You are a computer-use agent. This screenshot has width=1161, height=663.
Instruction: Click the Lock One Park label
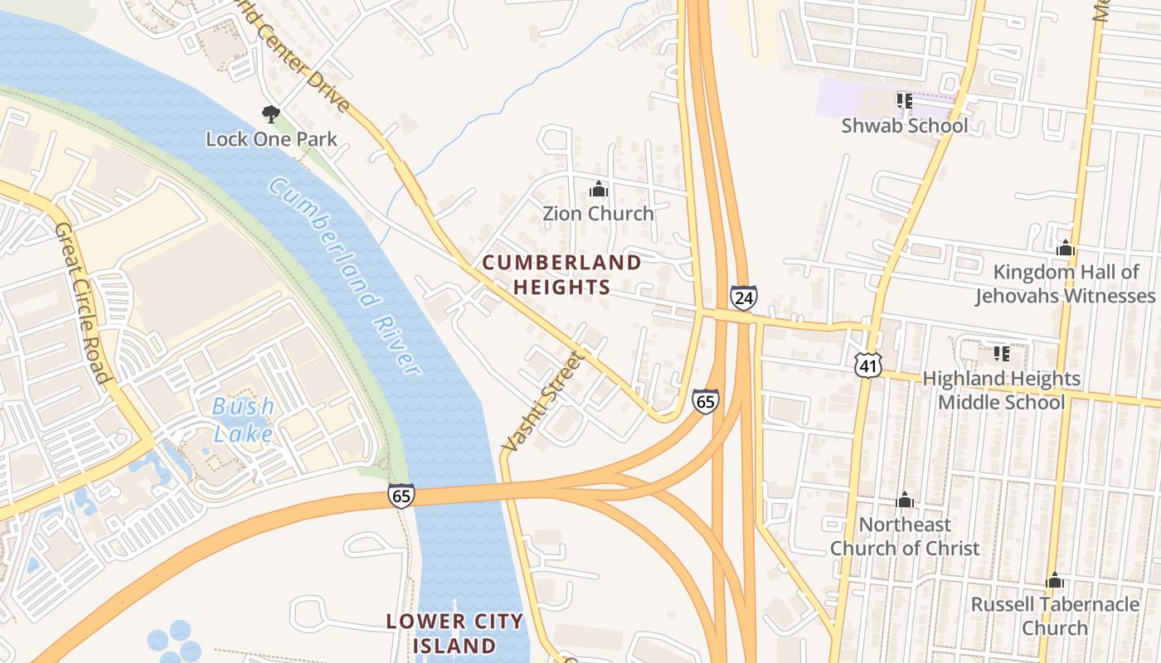coord(271,138)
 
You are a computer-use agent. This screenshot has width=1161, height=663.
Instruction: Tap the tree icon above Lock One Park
coord(270,114)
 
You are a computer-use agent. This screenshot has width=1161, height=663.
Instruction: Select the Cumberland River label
coord(345,277)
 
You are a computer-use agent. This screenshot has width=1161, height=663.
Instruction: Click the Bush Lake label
coord(243,419)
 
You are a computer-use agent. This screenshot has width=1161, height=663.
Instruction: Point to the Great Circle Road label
coord(83,302)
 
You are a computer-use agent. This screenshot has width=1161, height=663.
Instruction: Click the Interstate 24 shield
coord(743,297)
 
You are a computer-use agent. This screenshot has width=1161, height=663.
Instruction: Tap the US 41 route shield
coord(868,363)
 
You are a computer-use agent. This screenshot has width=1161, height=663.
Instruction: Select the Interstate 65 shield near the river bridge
coord(401,495)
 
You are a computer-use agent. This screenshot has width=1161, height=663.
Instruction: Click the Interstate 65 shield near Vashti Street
coord(705,401)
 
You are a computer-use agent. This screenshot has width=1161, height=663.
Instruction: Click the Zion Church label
coord(598,213)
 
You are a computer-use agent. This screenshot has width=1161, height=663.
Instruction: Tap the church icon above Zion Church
coord(598,190)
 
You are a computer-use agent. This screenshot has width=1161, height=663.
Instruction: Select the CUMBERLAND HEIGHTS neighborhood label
coord(561,275)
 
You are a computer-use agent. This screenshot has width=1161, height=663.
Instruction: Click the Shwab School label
coord(904,126)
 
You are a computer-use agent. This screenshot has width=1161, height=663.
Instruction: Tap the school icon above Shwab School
coord(904,101)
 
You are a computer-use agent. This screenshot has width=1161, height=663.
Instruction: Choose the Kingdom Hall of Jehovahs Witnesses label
coord(1065,283)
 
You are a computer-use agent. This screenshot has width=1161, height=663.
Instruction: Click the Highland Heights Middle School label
coord(1001,390)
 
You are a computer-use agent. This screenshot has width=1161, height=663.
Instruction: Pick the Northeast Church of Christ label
coord(905,536)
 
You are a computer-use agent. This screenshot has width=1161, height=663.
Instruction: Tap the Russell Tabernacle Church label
coord(1054,616)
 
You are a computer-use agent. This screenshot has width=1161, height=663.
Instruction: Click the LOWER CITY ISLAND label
coord(455,632)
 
